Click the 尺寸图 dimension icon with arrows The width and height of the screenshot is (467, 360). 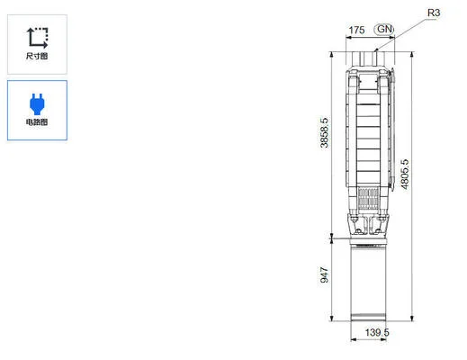click(37, 37)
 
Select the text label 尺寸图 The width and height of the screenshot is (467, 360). click(37, 57)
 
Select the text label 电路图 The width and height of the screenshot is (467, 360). click(37, 121)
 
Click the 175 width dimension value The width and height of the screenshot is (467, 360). click(356, 30)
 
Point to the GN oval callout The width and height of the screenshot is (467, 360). click(385, 30)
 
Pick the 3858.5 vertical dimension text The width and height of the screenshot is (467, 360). click(325, 132)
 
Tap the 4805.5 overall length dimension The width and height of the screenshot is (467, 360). click(406, 173)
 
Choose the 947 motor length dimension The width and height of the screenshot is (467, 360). click(325, 275)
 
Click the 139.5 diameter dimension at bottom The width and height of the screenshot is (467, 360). click(377, 333)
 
